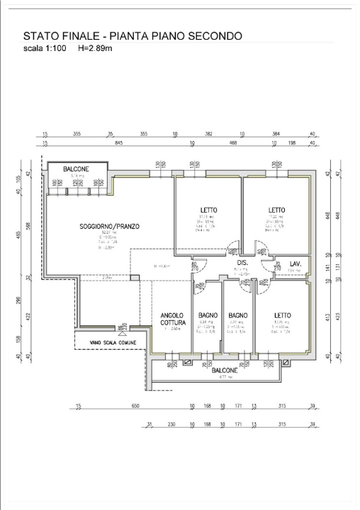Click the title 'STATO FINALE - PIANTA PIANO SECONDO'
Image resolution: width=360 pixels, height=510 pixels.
click(x=133, y=36)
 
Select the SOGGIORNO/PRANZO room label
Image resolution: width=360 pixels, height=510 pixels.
click(x=109, y=227)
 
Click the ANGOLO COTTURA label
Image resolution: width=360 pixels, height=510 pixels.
click(x=172, y=319)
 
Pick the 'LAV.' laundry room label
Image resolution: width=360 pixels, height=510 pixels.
click(x=296, y=264)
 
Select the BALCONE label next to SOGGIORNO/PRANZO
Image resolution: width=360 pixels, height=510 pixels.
click(x=76, y=169)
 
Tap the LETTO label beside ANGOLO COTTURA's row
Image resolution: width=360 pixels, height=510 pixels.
click(x=283, y=315)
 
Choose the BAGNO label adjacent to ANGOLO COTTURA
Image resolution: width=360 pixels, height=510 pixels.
click(x=208, y=315)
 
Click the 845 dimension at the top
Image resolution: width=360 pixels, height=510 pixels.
click(x=118, y=143)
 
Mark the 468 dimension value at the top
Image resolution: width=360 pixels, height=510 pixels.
click(x=231, y=143)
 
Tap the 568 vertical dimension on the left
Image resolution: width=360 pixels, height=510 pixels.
click(x=29, y=227)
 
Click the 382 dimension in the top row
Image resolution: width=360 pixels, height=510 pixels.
click(x=208, y=133)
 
